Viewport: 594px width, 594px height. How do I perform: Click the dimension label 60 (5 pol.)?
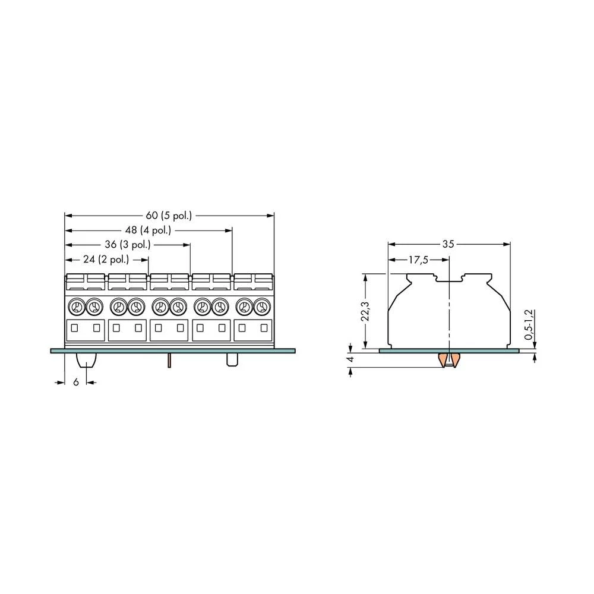169,216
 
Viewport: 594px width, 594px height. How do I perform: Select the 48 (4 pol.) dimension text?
148,230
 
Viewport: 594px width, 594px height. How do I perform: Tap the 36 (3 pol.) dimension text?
128,244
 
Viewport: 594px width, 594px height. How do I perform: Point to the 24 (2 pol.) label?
106,259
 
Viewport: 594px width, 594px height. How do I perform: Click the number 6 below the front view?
76,382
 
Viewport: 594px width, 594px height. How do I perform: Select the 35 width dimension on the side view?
448,244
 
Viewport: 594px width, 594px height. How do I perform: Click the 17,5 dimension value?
418,260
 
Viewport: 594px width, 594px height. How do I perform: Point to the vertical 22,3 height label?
365,311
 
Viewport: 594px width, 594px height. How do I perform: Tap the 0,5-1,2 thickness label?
529,324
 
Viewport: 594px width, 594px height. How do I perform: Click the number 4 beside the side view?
350,359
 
